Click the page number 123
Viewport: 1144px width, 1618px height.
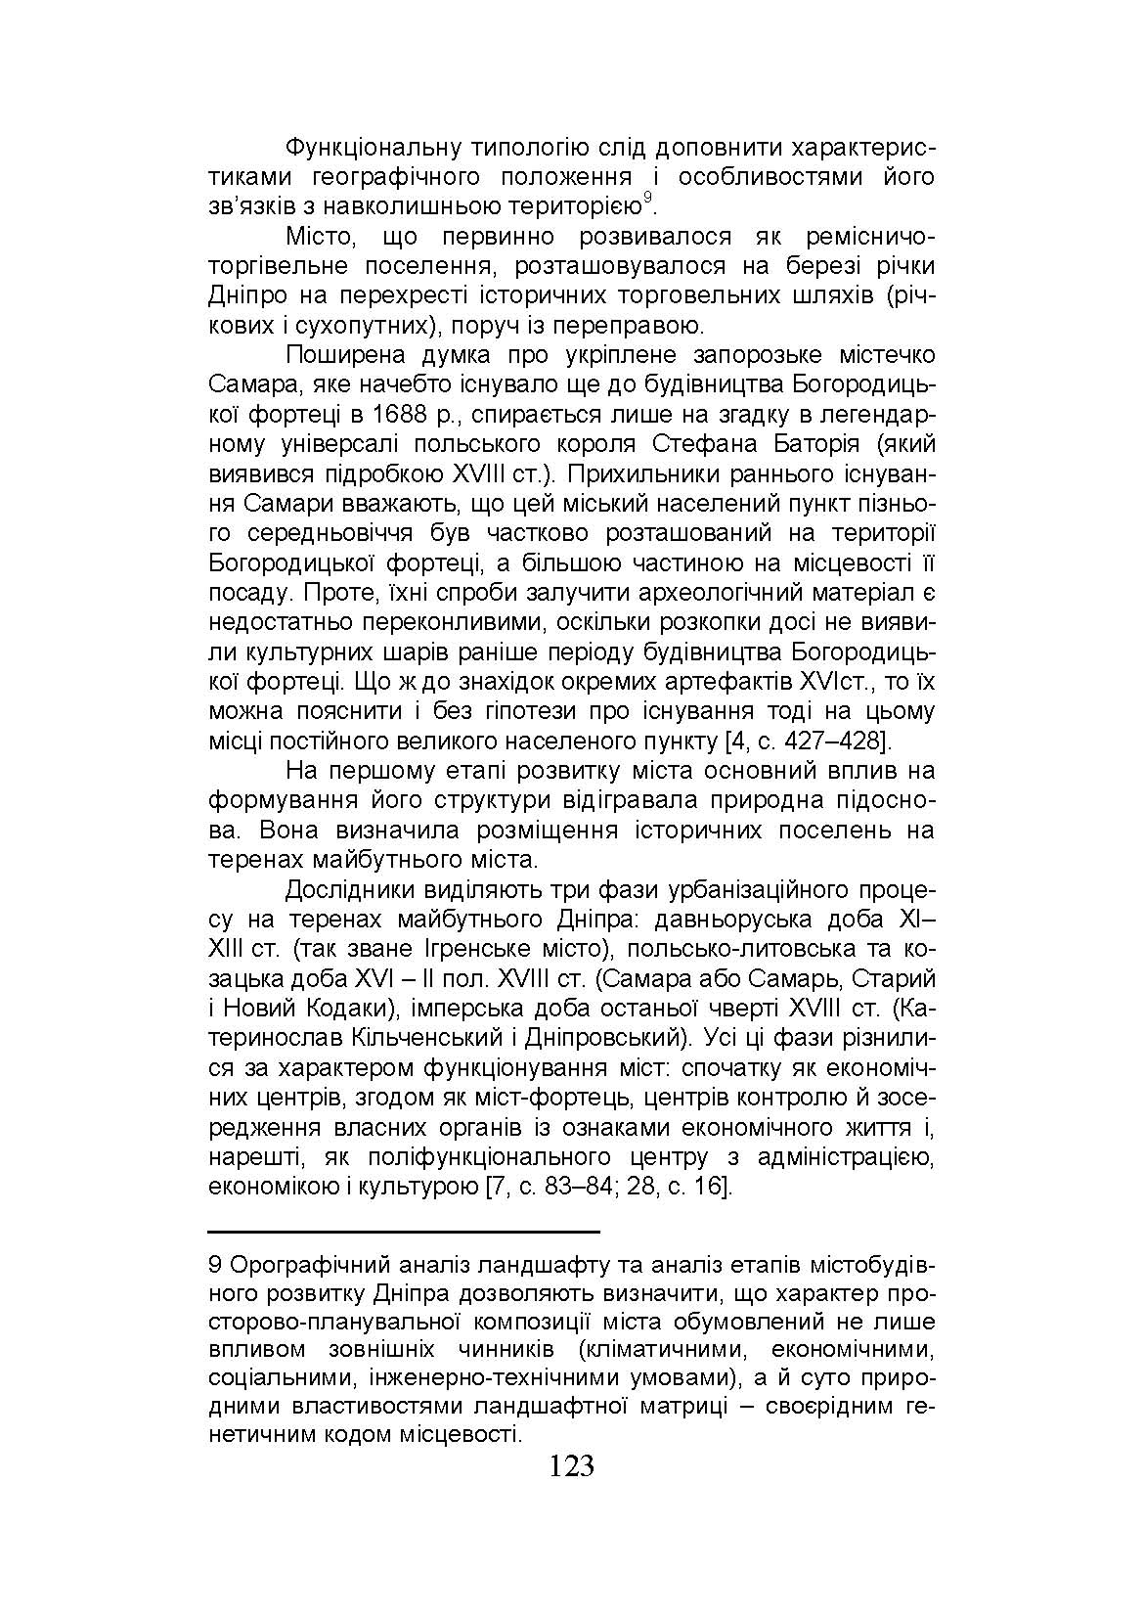[x=572, y=1466]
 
